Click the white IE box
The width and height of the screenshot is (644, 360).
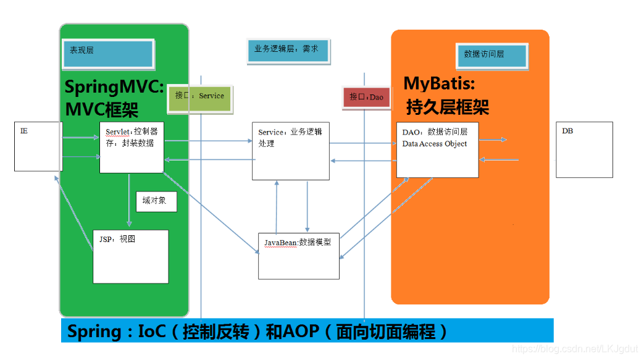[38, 146]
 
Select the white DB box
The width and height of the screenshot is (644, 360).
[584, 149]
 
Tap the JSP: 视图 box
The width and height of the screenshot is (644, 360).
[130, 256]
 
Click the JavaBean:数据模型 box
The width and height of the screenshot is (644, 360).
[298, 256]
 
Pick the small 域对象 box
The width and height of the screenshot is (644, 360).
[156, 201]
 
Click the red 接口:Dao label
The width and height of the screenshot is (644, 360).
[366, 97]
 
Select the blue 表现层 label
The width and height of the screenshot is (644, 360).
[107, 54]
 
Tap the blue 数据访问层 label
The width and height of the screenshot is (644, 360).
[491, 55]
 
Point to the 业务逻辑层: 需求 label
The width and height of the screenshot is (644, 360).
[288, 51]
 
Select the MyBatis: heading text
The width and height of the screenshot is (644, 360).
[439, 83]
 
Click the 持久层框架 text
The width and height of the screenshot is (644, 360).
[448, 107]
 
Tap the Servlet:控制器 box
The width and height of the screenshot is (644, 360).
[131, 147]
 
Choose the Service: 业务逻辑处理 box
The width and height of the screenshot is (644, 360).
[290, 151]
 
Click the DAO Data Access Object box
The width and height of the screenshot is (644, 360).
[437, 149]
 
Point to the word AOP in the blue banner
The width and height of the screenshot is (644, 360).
[301, 332]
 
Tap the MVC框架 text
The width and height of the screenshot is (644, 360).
[102, 109]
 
